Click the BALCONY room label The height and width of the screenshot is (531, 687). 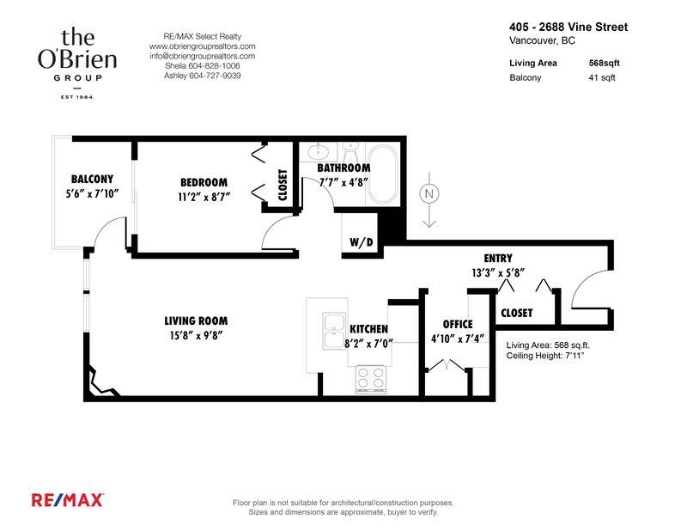click(x=92, y=179)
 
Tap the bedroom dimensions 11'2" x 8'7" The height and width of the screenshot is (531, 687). click(x=204, y=197)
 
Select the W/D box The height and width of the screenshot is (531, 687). click(x=361, y=242)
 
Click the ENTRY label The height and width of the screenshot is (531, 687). click(x=498, y=258)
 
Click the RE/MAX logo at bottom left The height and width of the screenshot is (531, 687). click(x=68, y=499)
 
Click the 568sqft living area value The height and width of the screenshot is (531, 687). click(x=602, y=63)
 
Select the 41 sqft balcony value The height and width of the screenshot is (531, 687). click(x=602, y=77)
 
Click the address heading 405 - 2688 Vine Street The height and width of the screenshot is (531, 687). click(x=568, y=27)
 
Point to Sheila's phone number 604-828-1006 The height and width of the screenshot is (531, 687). click(x=202, y=65)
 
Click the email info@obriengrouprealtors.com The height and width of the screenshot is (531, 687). click(x=202, y=56)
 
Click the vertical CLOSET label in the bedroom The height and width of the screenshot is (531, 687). click(x=283, y=183)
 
